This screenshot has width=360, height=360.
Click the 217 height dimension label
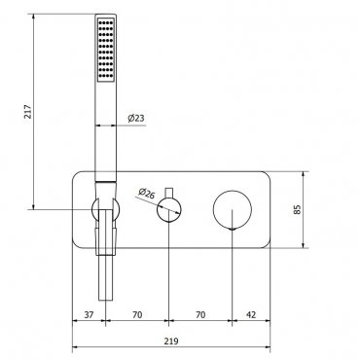point(28,112)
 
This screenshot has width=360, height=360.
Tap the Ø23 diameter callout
point(136,118)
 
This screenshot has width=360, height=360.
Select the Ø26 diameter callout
point(147,193)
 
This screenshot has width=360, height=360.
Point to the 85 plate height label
point(297,209)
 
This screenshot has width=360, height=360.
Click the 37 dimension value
point(89,314)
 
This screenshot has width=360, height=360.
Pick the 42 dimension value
point(251,314)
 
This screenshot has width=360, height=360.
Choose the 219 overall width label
point(171,342)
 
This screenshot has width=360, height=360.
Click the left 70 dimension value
point(137,314)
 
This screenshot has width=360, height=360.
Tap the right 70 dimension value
point(200,314)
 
